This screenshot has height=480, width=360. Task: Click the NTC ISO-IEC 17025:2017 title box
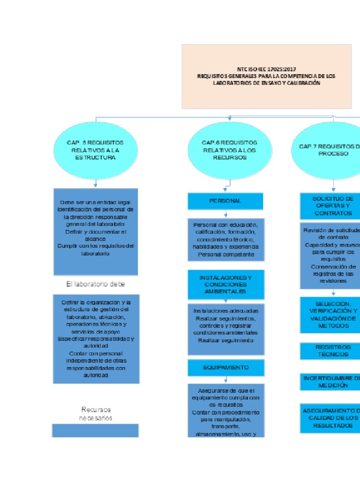266,76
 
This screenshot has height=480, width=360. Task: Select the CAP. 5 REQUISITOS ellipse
96,150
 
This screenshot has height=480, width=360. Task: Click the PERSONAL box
225,201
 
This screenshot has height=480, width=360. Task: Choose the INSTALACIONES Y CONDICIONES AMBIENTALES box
225,285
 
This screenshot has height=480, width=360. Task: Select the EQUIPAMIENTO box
225,367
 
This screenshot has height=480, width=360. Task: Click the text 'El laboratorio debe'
96,284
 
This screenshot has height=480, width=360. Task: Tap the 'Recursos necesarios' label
96,414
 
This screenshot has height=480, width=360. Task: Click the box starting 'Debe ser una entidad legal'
96,231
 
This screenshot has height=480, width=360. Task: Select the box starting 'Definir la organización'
96,338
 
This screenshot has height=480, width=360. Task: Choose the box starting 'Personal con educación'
225,240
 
